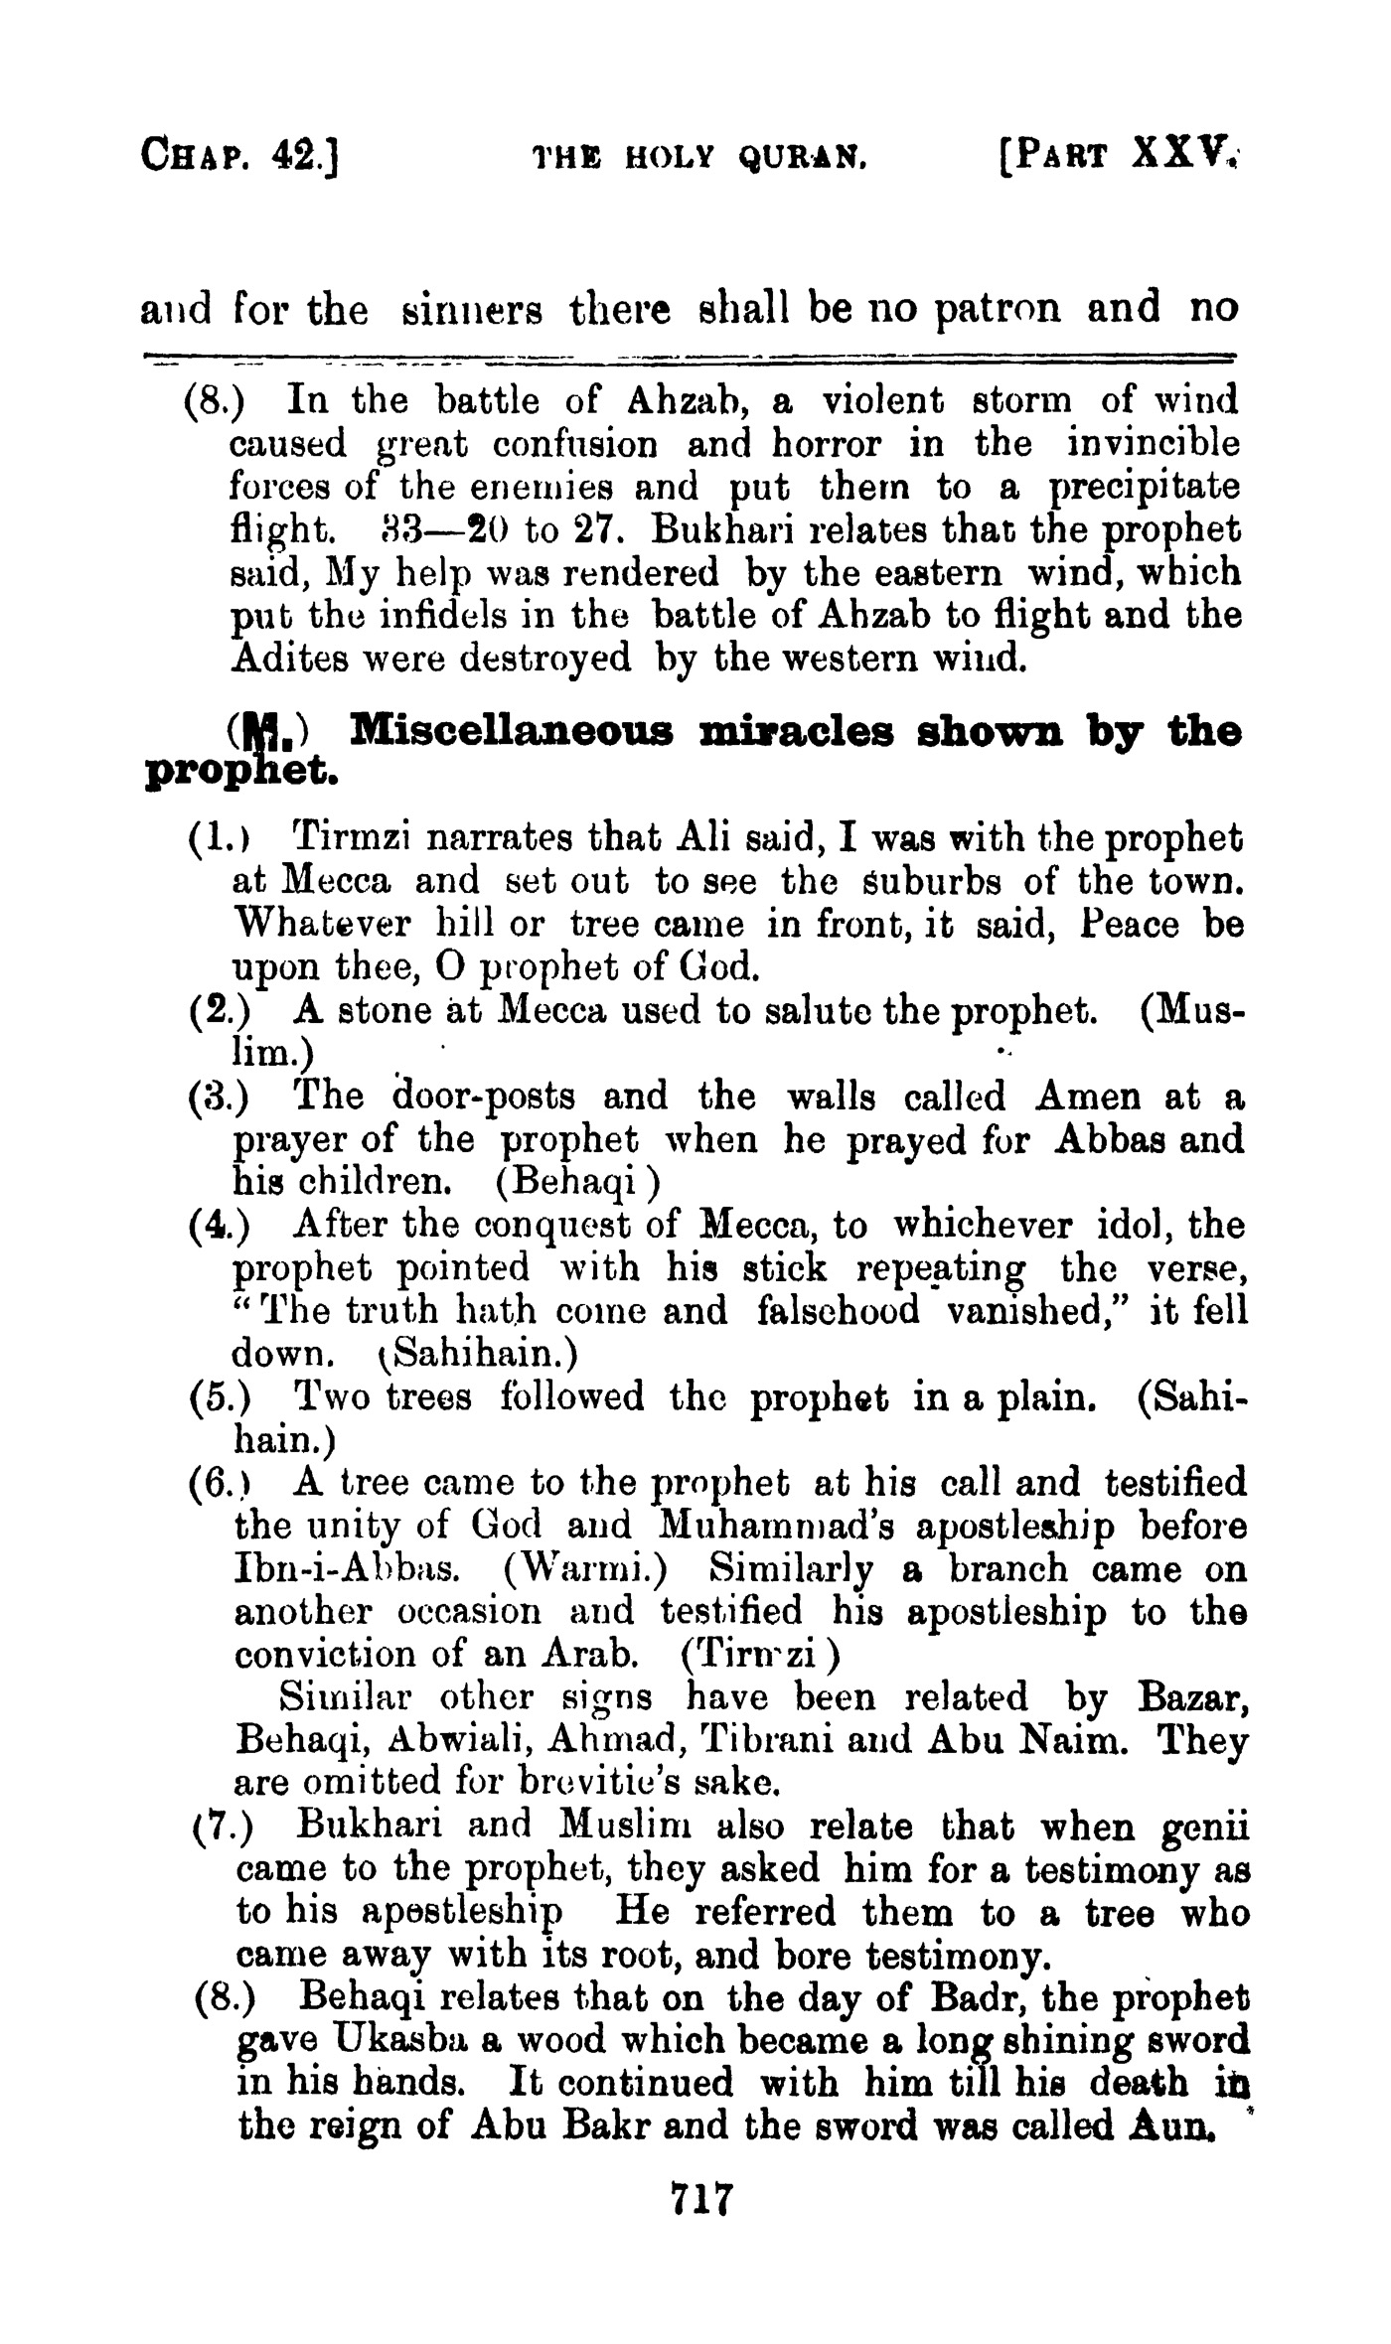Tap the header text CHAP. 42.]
point(241,156)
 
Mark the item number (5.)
point(219,1396)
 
